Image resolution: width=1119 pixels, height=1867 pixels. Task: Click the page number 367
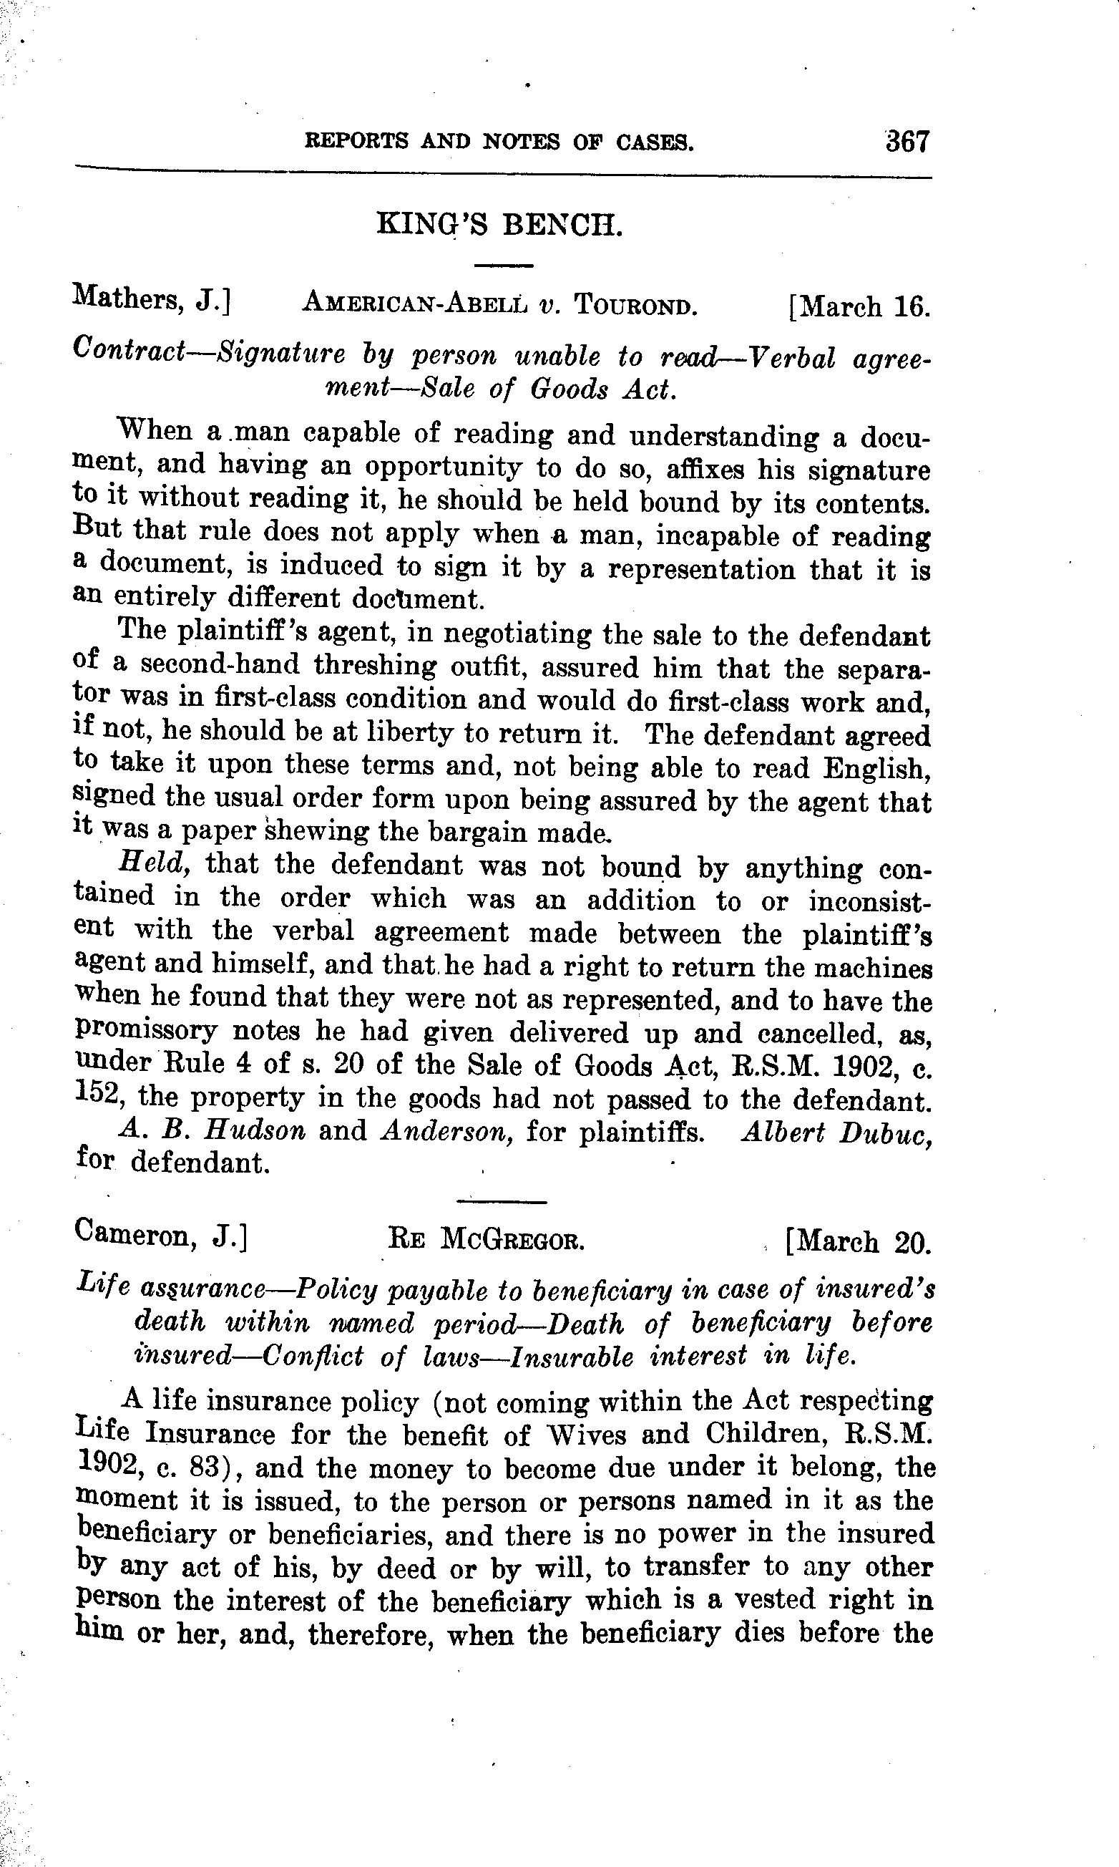tap(908, 142)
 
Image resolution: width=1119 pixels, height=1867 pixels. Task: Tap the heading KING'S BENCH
tap(499, 225)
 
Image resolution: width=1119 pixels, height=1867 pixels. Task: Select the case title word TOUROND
tap(635, 306)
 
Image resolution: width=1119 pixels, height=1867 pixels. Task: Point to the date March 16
tap(859, 307)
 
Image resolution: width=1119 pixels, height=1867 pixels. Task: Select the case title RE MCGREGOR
tap(487, 1238)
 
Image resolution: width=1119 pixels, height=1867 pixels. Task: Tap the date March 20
tap(858, 1241)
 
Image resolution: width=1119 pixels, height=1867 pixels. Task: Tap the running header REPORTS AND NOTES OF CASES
tap(499, 142)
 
